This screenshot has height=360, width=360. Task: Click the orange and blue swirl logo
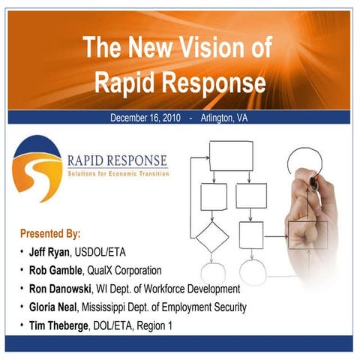(37, 169)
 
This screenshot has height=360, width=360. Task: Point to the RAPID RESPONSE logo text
(117, 160)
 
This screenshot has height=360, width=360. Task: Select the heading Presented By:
(50, 233)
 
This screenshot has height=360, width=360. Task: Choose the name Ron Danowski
(59, 289)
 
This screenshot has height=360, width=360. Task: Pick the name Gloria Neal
(54, 307)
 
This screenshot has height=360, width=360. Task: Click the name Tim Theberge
(60, 325)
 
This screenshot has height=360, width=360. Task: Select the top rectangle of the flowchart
(230, 155)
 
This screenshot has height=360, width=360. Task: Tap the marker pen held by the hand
(309, 183)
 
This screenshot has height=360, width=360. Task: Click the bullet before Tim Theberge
(22, 325)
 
